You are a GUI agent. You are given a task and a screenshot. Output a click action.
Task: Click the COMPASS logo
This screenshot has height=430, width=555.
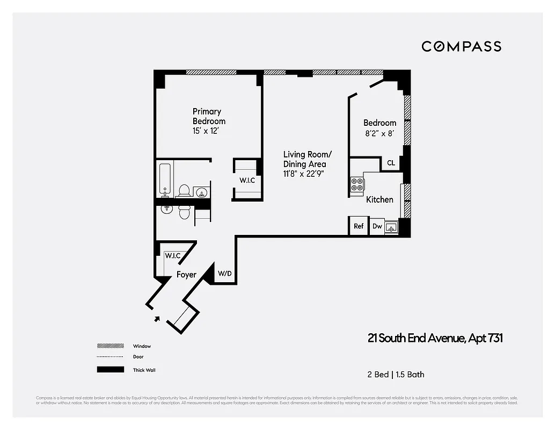tap(461, 46)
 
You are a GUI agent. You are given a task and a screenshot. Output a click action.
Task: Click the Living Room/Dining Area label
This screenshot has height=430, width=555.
tap(304, 159)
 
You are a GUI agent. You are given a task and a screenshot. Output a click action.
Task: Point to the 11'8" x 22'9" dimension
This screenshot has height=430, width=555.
tap(304, 174)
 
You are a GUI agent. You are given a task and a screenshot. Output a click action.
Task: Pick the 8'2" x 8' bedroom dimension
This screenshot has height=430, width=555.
tap(379, 133)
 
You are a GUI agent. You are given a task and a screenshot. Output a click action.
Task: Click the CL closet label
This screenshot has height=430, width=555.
tap(391, 163)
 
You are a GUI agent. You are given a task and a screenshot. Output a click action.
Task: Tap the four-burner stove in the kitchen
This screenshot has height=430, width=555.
tap(357, 184)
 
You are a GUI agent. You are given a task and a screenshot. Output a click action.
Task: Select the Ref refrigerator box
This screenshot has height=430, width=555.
tap(359, 226)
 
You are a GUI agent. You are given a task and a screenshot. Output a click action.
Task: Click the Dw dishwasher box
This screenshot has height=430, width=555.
tap(377, 226)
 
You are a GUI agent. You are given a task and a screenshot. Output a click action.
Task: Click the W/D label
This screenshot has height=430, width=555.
tap(225, 274)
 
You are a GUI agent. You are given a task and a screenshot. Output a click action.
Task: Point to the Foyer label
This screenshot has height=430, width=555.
tap(187, 275)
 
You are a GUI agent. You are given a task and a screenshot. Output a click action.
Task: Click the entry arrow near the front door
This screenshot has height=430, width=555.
tap(157, 319)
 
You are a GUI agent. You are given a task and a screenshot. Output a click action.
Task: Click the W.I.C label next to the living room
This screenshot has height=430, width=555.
tap(247, 181)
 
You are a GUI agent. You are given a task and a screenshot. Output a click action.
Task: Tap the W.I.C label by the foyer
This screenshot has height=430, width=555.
tap(172, 256)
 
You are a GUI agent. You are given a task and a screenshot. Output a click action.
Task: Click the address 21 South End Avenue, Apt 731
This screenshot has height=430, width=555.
tap(435, 338)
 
